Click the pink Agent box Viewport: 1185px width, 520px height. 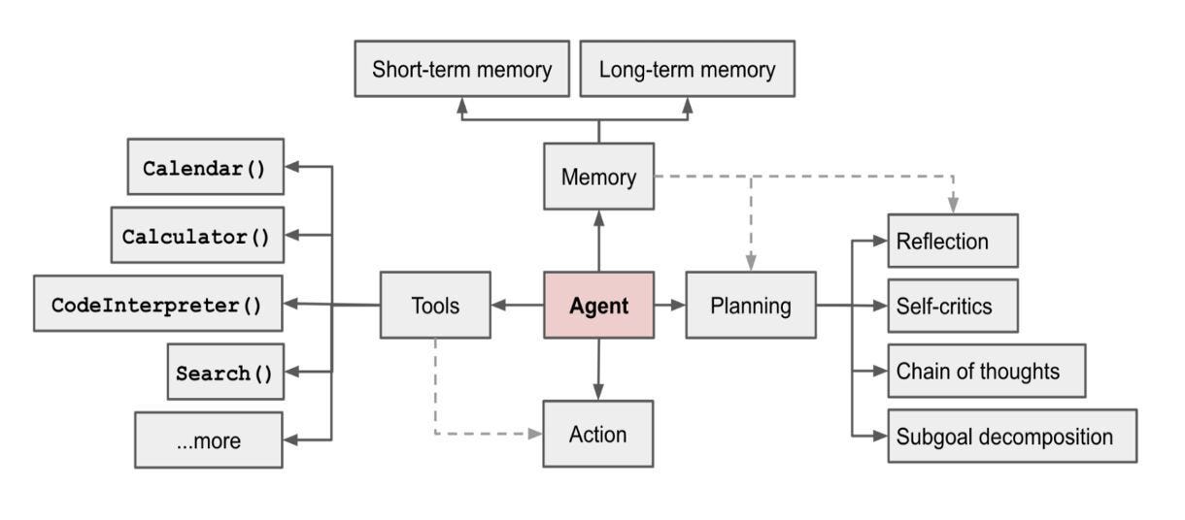[598, 306]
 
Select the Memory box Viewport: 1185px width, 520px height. [598, 177]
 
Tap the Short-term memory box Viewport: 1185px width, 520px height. [462, 69]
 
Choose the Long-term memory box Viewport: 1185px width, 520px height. [687, 69]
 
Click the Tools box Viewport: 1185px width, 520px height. [434, 306]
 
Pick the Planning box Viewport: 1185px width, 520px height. [750, 306]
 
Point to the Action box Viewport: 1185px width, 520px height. [598, 434]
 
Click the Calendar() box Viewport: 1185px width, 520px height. [206, 167]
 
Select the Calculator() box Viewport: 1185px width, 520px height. [197, 236]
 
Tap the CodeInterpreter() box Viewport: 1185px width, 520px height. [158, 304]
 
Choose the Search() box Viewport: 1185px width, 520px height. [225, 373]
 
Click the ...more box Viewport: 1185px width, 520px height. [209, 440]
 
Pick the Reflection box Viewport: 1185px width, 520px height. [952, 241]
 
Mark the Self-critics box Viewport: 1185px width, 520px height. [952, 306]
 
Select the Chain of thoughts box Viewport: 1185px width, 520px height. [986, 371]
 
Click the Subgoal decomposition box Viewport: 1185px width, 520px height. [1011, 436]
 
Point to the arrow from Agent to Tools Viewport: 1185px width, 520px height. [516, 306]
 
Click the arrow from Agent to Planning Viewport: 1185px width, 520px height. [669, 306]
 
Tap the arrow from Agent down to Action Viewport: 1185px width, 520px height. [598, 370]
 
